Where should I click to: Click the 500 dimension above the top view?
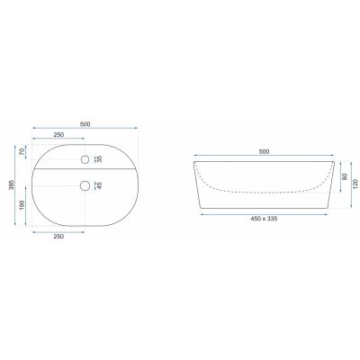[x=85, y=124]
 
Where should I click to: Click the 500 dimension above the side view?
[x=264, y=151]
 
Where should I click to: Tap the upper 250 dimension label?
[x=58, y=135]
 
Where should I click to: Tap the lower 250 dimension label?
[x=58, y=237]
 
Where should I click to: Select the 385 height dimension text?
[x=12, y=185]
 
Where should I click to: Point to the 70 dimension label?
[x=22, y=152]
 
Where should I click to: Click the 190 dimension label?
[x=22, y=205]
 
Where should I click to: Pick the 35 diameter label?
[x=100, y=159]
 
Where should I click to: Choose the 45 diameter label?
[x=100, y=186]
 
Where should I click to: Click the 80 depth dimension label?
[x=345, y=176]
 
